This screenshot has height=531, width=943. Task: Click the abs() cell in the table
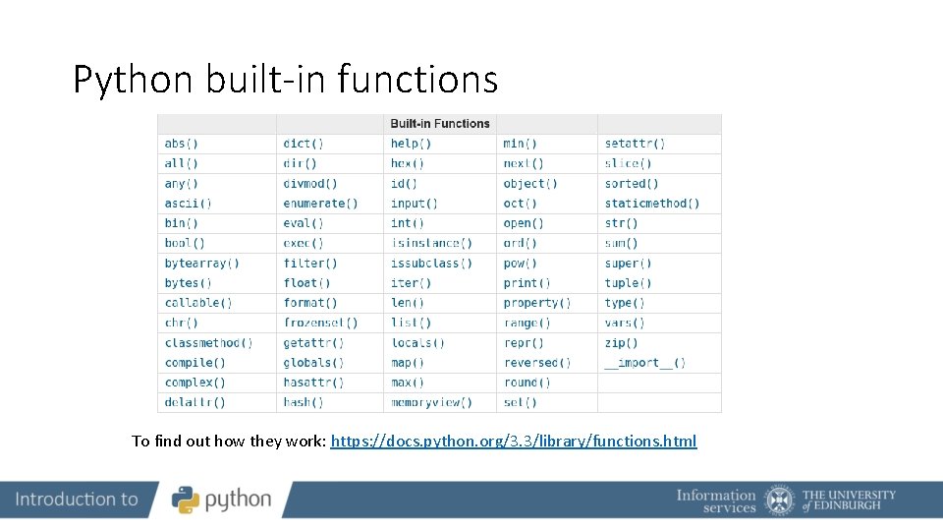182,144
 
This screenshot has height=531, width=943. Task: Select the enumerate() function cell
320,204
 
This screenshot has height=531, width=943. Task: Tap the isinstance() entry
431,243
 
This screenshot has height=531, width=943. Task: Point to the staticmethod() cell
652,204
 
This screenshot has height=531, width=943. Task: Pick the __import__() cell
645,363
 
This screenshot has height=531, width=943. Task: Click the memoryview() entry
431,402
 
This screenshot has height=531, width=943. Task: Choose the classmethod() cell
208,343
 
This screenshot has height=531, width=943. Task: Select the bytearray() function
202,264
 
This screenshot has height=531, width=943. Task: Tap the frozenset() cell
320,323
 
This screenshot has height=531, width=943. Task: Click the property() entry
537,303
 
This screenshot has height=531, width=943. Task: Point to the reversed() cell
537,363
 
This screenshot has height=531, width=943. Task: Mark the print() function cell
527,283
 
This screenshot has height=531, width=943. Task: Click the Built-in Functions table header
440,124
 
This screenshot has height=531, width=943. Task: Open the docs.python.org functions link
514,441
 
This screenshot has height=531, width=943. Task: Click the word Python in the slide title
134,80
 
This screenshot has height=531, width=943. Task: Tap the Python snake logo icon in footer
186,500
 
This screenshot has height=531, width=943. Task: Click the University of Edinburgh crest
780,500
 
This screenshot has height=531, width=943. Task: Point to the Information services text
716,501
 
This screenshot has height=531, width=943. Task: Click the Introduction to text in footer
77,500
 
